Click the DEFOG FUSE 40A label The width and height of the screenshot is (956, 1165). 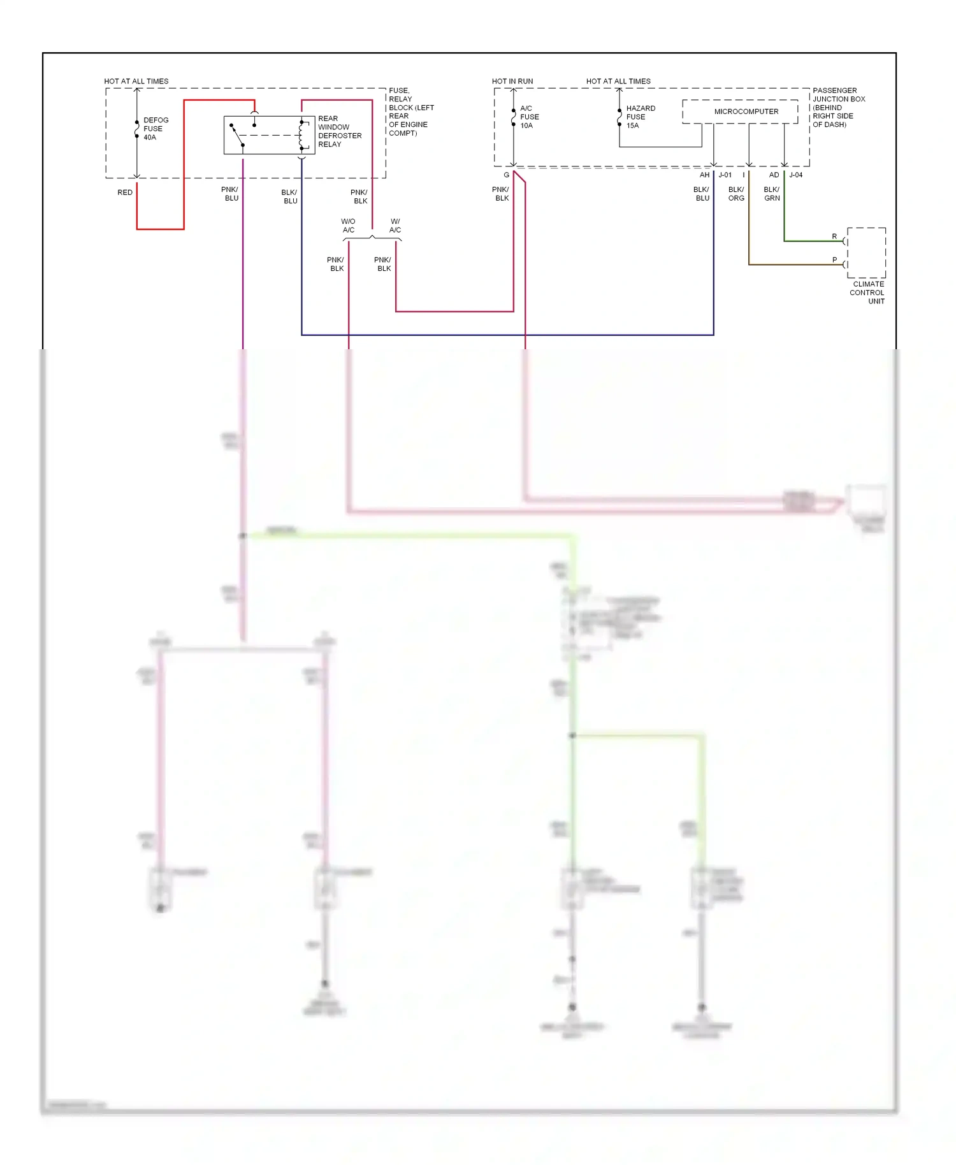(x=155, y=129)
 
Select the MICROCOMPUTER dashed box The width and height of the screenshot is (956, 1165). (x=739, y=112)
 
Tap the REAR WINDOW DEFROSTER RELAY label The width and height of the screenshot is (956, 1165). (x=339, y=131)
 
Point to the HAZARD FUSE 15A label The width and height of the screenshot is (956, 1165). (x=640, y=117)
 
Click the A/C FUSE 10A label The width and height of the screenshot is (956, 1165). (x=528, y=117)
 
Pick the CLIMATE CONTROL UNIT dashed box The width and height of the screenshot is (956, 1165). (x=865, y=252)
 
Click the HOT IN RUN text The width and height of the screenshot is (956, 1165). (x=512, y=81)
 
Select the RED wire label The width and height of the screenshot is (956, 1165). (x=125, y=192)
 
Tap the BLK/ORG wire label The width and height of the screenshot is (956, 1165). (x=735, y=194)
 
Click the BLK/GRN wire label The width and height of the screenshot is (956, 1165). (x=771, y=194)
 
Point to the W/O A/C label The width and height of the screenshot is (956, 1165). (x=348, y=226)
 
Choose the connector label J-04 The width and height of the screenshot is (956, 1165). (x=795, y=175)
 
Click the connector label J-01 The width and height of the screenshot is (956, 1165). (x=725, y=175)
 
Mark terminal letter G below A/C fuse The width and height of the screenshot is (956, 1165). (x=506, y=175)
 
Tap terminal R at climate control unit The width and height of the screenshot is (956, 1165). (x=834, y=236)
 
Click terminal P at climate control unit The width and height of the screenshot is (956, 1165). (x=834, y=260)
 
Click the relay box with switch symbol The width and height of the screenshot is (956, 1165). (x=269, y=135)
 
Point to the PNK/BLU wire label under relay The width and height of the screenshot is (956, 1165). (x=230, y=194)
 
